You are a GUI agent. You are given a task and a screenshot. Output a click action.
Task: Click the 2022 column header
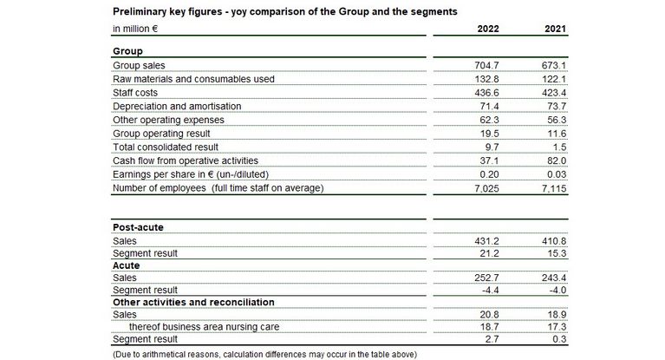(488, 29)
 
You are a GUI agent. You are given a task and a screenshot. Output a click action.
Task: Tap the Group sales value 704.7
(487, 65)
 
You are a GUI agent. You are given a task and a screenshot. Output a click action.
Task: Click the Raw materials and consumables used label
(193, 79)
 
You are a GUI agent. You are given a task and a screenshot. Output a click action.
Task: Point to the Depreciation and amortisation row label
(177, 106)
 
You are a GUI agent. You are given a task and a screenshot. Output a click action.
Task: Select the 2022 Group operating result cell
(490, 133)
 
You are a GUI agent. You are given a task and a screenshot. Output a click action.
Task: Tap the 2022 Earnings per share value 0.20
(490, 173)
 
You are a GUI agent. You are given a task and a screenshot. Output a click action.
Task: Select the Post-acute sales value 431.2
(487, 240)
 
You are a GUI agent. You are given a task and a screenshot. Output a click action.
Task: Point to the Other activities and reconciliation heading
(193, 302)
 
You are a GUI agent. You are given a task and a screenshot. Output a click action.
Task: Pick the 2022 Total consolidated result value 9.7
(492, 147)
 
